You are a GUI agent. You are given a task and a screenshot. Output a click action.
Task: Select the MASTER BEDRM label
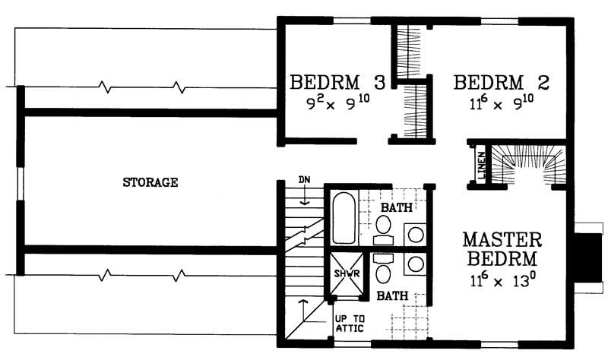pyautogui.click(x=502, y=248)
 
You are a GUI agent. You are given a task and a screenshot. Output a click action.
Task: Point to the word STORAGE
pyautogui.click(x=150, y=182)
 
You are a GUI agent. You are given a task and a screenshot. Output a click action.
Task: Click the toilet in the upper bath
pyautogui.click(x=383, y=226)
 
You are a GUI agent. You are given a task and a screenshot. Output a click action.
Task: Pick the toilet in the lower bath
pyautogui.click(x=383, y=270)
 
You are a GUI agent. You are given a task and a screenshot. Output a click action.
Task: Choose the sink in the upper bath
pyautogui.click(x=416, y=234)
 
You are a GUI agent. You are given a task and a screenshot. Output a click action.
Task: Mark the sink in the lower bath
pyautogui.click(x=416, y=264)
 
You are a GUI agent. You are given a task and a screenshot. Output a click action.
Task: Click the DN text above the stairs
pyautogui.click(x=304, y=180)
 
